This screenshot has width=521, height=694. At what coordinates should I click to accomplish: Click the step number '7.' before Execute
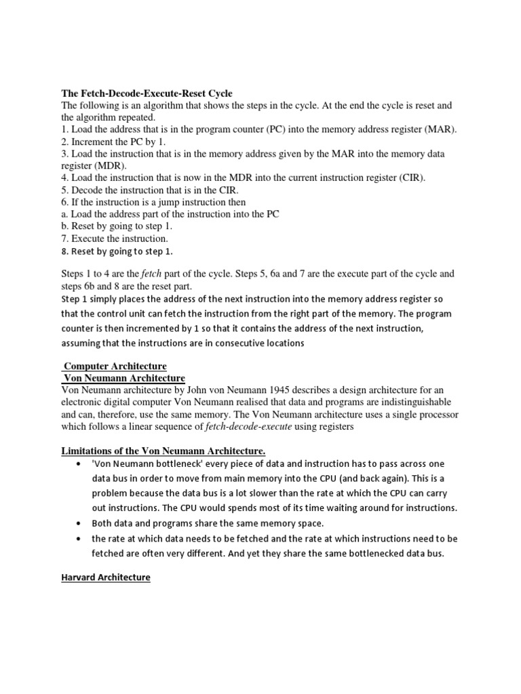[65, 239]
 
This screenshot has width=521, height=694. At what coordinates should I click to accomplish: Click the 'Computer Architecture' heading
[115, 366]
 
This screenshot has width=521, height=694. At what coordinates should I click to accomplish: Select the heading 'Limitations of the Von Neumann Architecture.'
[163, 451]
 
